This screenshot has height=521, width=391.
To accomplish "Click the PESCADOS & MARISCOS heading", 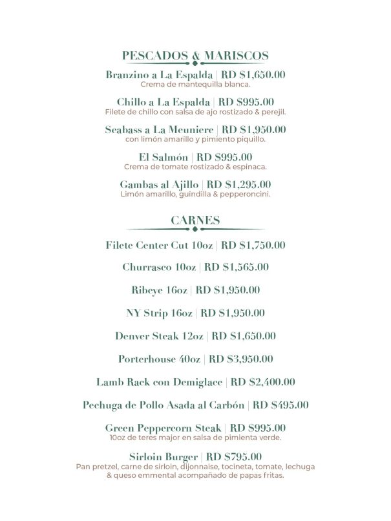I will tap(195, 56).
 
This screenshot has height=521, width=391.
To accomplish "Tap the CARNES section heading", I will tap(195, 220).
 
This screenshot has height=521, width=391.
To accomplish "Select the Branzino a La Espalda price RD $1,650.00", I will tap(253, 75).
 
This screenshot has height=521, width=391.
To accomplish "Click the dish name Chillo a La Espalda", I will tap(164, 102).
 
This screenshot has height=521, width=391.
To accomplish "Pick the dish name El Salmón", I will tap(164, 156).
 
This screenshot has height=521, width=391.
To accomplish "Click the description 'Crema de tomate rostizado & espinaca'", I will tap(195, 166).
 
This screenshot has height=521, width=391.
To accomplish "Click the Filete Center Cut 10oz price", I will tap(253, 245).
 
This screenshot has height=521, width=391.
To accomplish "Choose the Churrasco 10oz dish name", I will tap(159, 267).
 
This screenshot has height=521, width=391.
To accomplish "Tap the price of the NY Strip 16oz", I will tap(233, 313).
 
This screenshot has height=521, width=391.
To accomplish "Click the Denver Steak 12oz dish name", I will tap(159, 335).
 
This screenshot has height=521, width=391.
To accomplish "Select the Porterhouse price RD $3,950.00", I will tap(241, 359).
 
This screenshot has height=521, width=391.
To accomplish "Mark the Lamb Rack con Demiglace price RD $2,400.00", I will tap(263, 382).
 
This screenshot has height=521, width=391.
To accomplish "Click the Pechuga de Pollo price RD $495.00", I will tap(280, 405).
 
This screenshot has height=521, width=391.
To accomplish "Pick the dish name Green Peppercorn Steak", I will tap(164, 428).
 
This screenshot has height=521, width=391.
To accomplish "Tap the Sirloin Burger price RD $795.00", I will tap(233, 456).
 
